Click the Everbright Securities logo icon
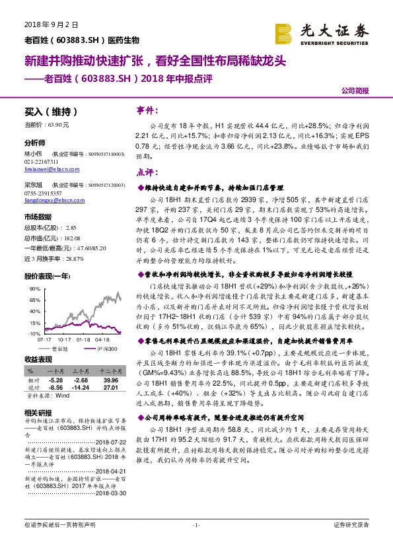coord(284,32)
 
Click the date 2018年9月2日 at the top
coord(51,24)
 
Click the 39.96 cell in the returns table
coord(109,380)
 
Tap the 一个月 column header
coord(54,372)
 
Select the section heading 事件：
coord(146,109)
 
